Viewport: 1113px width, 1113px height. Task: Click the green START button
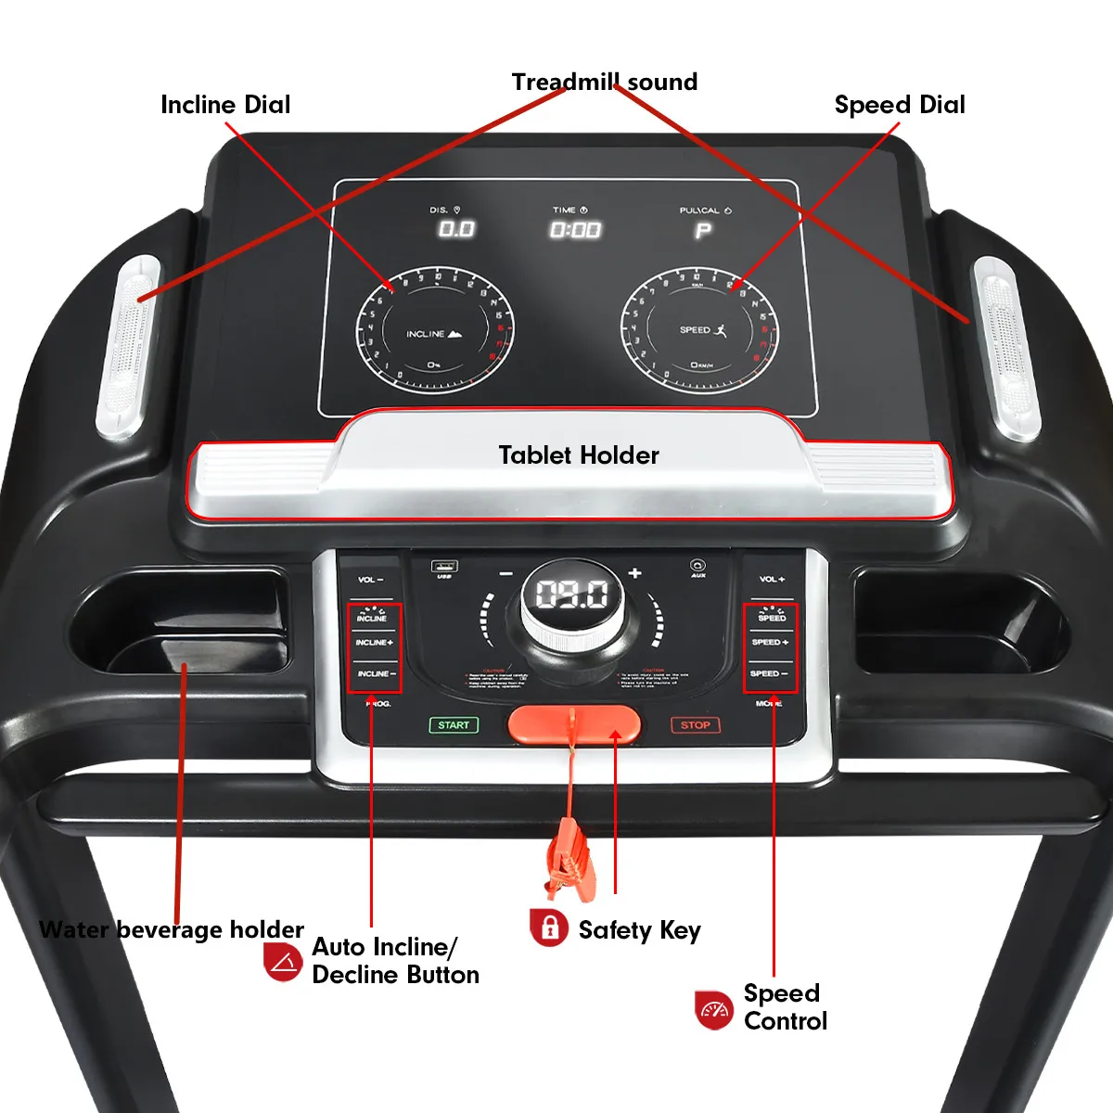coord(454,725)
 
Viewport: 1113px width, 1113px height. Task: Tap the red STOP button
coord(695,725)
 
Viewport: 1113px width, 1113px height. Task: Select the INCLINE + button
coord(374,643)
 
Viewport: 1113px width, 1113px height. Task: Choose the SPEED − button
coord(769,673)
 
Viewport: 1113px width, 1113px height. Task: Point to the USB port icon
coord(444,567)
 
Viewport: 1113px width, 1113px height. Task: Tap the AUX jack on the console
coord(697,565)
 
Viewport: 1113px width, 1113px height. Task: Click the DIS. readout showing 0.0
coord(456,229)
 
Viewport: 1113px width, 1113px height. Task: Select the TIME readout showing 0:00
coord(575,230)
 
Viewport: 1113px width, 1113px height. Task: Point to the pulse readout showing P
coord(704,230)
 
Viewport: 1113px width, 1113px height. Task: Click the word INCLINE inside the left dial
coord(426,334)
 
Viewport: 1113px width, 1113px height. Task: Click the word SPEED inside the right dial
coord(695,330)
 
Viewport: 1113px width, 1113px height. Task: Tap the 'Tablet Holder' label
coord(579,455)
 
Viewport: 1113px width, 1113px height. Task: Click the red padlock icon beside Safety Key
coord(549,927)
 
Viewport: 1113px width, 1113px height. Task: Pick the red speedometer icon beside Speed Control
coord(714,1009)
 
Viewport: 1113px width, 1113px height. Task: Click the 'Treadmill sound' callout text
coord(605,83)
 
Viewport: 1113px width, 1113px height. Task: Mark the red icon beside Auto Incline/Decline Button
coord(282,962)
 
